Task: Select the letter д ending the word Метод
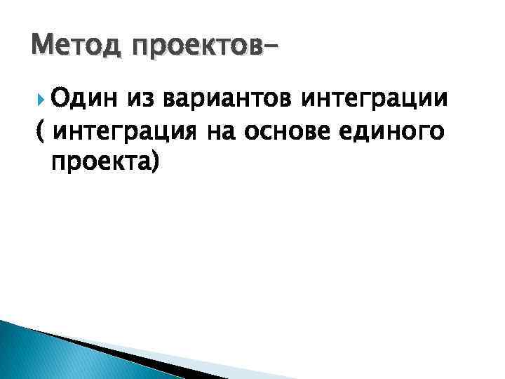102,48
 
